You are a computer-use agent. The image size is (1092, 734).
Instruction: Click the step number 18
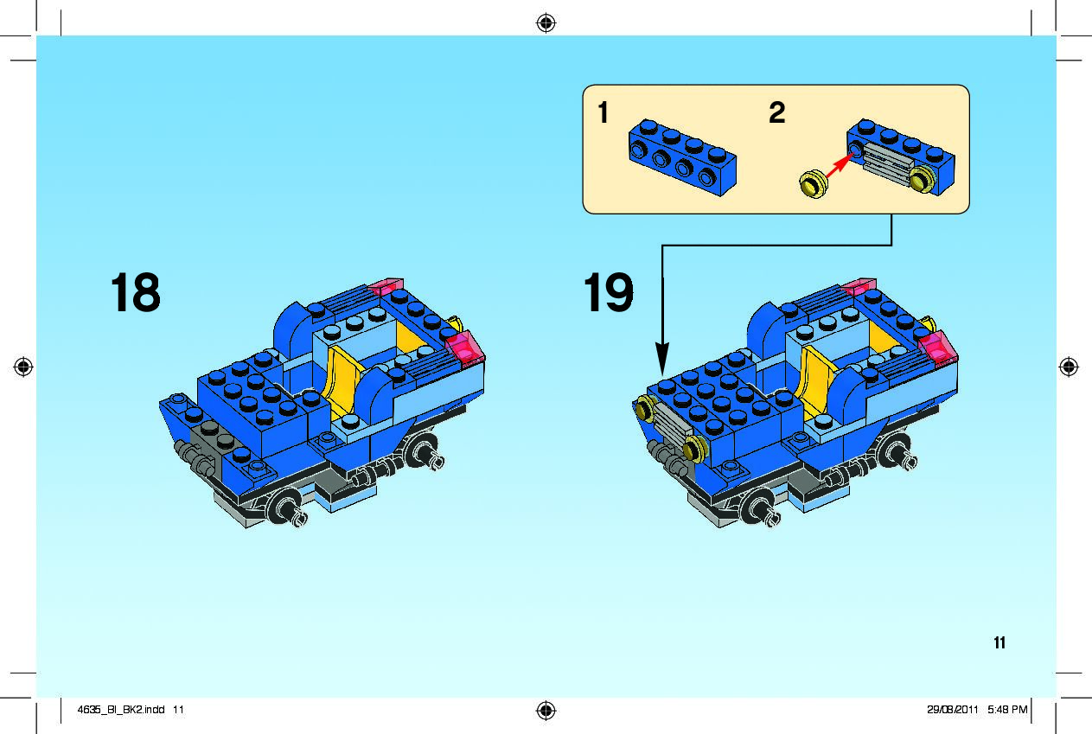136,292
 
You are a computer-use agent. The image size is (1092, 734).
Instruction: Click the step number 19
609,292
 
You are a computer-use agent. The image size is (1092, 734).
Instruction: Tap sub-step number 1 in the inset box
603,112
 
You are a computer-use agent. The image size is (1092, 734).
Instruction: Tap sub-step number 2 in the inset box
777,112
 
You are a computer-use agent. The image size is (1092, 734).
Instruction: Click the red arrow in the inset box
840,165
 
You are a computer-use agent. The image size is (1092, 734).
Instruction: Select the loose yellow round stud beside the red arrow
813,184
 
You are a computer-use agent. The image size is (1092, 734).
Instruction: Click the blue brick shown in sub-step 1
682,157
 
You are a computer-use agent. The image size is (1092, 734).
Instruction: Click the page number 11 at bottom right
999,643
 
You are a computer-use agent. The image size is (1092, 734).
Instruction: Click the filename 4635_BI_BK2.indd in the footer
121,710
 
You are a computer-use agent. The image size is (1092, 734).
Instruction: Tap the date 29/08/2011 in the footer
953,710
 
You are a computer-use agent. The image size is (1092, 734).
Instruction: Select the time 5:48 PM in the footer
1007,710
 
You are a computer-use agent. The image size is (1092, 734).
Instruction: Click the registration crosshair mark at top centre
546,22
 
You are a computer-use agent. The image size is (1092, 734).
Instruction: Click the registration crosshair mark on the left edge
23,367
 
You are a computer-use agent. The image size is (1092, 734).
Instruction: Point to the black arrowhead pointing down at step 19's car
662,358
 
